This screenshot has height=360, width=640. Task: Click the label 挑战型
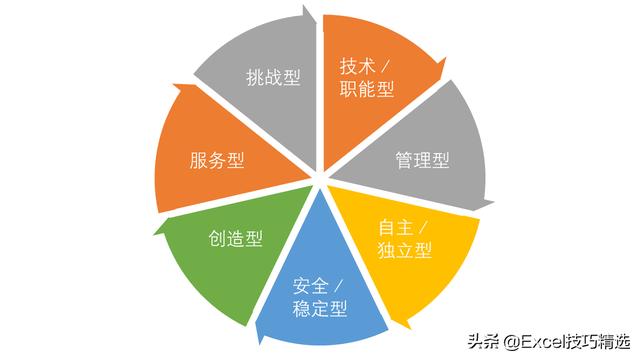coord(273,77)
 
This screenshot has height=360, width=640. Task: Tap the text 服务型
coord(217,159)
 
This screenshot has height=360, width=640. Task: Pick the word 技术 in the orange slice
coord(356,67)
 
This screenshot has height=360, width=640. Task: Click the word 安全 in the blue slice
coord(311,285)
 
